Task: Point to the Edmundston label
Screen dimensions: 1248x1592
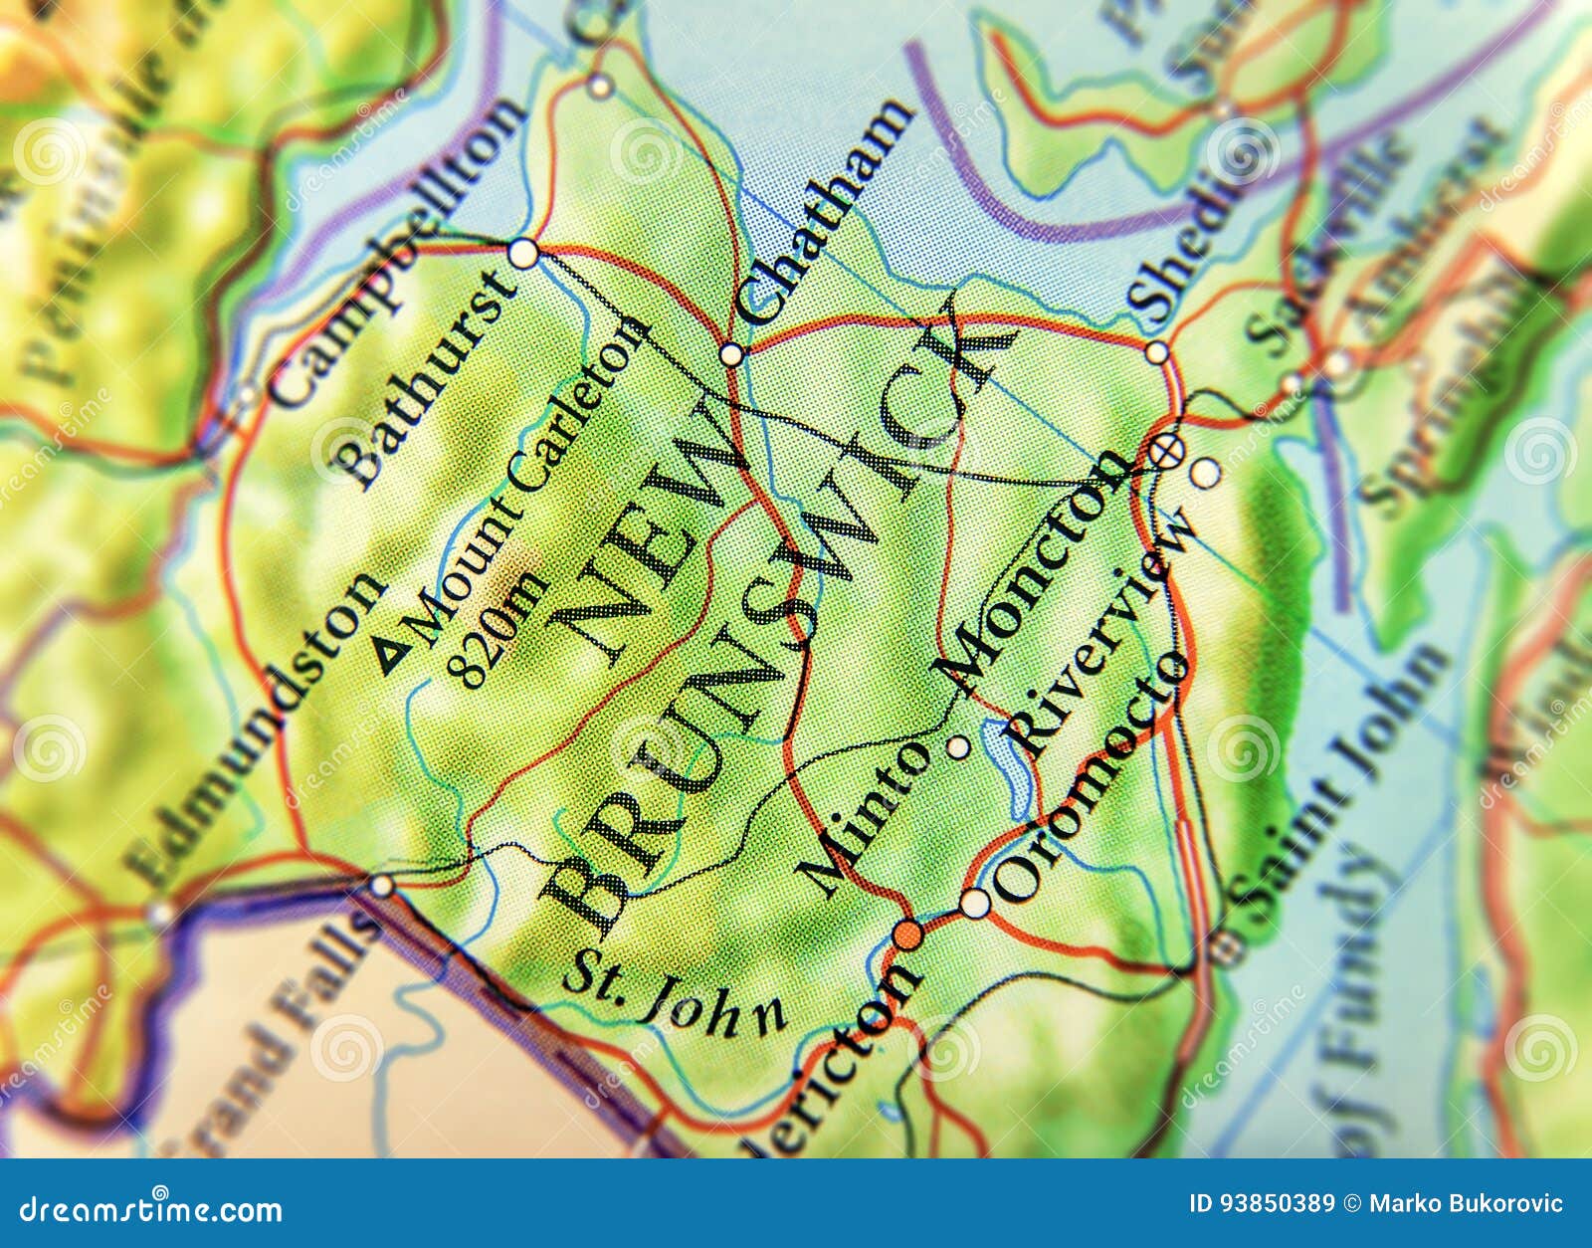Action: point(255,730)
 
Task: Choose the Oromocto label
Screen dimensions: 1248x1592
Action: point(1091,776)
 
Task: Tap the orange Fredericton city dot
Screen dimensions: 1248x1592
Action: point(906,936)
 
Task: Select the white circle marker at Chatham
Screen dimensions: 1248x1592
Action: point(731,354)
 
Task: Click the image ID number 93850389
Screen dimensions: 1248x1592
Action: point(1262,1204)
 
